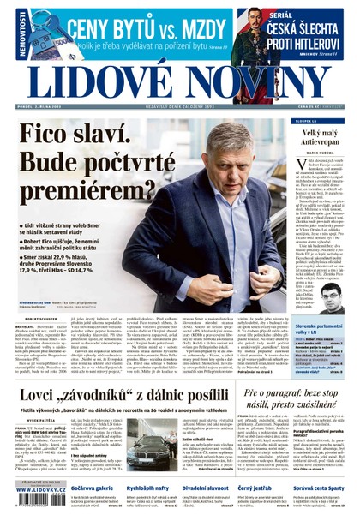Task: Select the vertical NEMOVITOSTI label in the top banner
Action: pyautogui.click(x=8, y=31)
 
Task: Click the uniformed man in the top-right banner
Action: pyautogui.click(x=257, y=31)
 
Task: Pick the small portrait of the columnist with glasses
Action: pyautogui.click(x=332, y=294)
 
